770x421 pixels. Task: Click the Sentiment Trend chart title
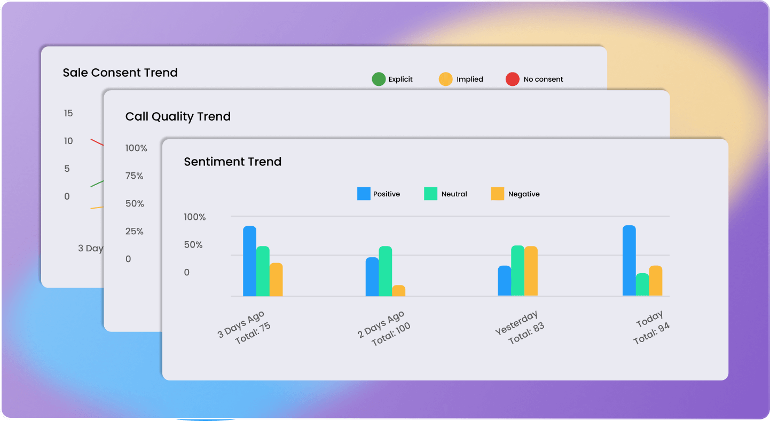pos(232,162)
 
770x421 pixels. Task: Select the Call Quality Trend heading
pos(178,117)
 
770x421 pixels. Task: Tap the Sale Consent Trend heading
pos(120,73)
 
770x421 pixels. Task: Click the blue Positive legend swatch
pos(364,194)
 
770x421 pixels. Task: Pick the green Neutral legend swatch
pos(430,194)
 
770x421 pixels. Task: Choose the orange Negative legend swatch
pos(497,194)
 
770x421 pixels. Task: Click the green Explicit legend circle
pos(379,80)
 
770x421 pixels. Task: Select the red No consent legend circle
pos(512,80)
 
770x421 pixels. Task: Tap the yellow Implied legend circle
pos(445,80)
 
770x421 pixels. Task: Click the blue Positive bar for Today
pos(629,260)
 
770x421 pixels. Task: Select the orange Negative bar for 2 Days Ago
pos(398,291)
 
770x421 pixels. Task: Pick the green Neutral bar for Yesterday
pos(517,271)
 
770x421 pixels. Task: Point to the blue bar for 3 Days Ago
pos(249,261)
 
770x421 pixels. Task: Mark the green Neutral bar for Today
pos(642,284)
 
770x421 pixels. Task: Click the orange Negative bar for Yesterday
pos(531,271)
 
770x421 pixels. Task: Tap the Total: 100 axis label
pos(391,335)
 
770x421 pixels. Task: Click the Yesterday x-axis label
pos(516,323)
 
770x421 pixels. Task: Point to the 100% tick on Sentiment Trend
pos(195,217)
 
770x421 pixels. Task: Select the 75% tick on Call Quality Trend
pos(135,176)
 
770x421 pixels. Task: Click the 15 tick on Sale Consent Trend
pos(68,113)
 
